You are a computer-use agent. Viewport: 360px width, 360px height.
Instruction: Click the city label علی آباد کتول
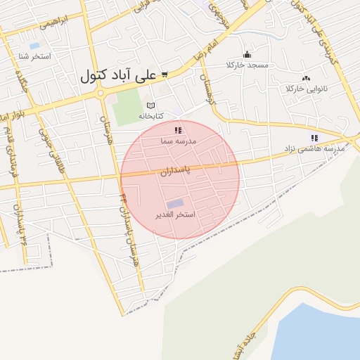[x=119, y=75]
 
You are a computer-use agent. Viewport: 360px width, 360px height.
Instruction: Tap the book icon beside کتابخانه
[x=160, y=105]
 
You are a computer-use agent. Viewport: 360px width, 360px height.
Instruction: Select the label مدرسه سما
[x=179, y=141]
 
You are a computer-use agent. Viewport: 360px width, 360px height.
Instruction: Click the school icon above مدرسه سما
[x=179, y=130]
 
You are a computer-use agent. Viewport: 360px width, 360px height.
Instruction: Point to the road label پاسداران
[x=175, y=171]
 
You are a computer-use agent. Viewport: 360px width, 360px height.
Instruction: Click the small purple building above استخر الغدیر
[x=174, y=203]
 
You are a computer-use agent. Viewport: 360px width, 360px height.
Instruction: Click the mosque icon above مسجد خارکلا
[x=246, y=55]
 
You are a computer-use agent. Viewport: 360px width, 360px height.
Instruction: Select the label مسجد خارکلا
[x=246, y=65]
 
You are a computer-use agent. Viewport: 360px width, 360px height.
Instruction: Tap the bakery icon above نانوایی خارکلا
[x=305, y=78]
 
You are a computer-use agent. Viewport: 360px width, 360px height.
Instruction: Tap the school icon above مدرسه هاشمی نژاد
[x=314, y=138]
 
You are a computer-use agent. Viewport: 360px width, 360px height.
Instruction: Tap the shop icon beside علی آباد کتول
[x=165, y=74]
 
